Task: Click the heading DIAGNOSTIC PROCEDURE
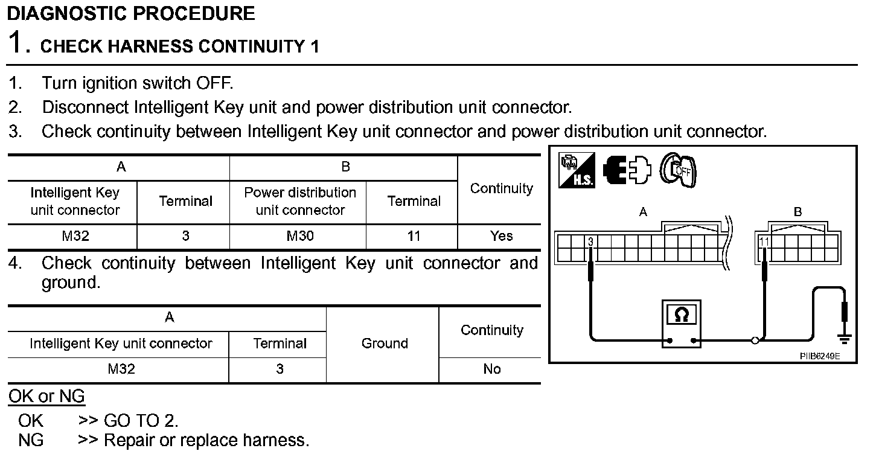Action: [x=131, y=14]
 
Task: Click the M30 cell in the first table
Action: [x=300, y=236]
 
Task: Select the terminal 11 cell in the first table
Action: [x=414, y=236]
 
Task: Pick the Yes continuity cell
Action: [x=501, y=236]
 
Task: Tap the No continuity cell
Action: [x=491, y=369]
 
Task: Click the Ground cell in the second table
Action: [x=384, y=344]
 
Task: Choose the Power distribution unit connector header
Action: [x=300, y=201]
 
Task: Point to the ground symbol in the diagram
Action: [x=844, y=339]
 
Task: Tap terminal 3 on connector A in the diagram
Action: [x=590, y=242]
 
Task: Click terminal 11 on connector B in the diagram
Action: [x=764, y=242]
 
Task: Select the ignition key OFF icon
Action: [x=679, y=170]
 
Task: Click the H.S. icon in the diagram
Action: [x=577, y=170]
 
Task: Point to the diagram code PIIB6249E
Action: [x=819, y=356]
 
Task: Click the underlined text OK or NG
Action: [x=46, y=397]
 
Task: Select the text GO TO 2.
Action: [x=141, y=420]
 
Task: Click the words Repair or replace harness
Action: [x=206, y=440]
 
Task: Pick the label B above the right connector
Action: [x=797, y=212]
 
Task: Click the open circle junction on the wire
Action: [x=755, y=341]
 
